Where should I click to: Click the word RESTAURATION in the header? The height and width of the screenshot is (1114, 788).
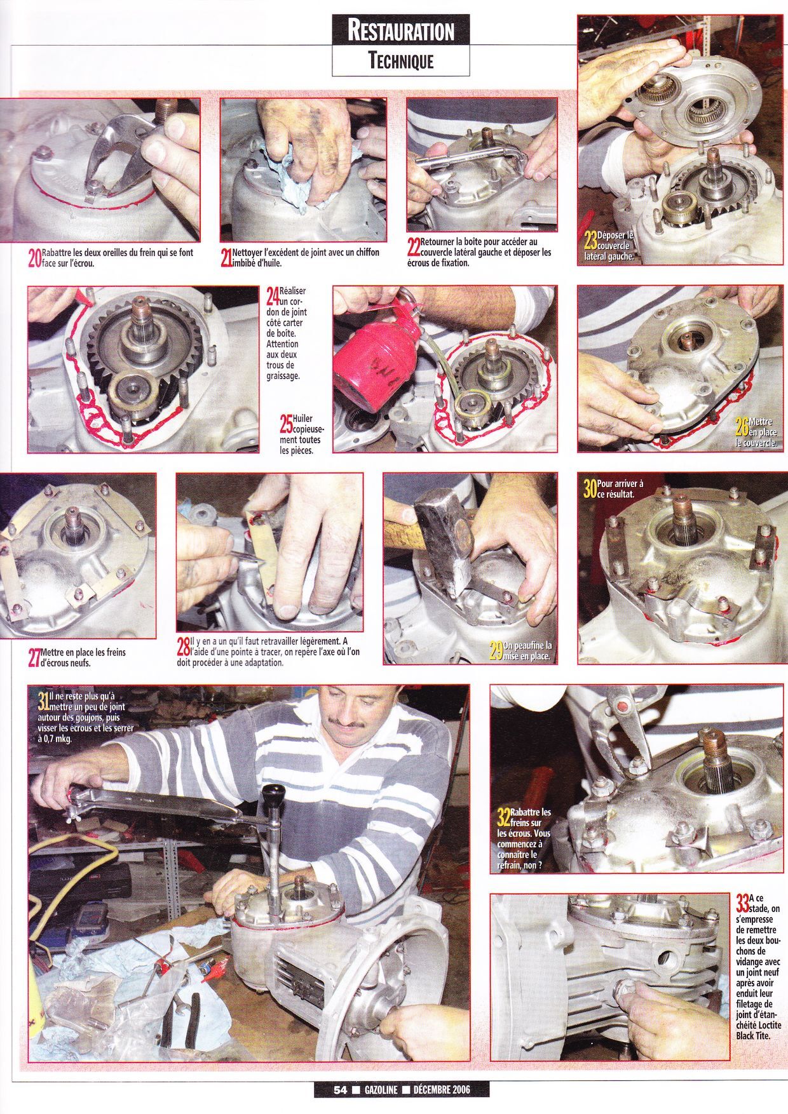(401, 31)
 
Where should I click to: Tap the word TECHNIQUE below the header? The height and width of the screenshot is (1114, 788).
(401, 61)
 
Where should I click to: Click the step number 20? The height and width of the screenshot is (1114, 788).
(35, 257)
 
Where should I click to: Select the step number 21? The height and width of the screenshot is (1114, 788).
(226, 257)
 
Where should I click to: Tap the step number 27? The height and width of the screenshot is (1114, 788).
(35, 658)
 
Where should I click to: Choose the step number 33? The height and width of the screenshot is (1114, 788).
(742, 902)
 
